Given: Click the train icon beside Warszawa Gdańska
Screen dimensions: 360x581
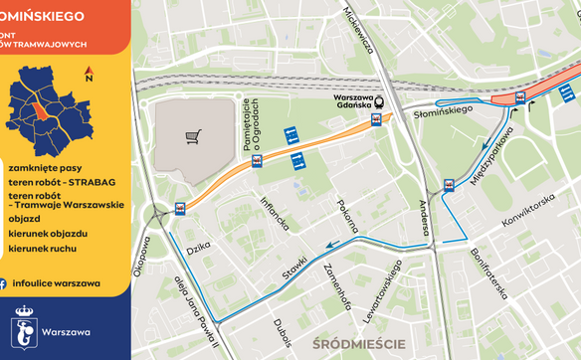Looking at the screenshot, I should click(380, 113).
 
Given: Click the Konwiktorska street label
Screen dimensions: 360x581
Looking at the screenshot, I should click(527, 211).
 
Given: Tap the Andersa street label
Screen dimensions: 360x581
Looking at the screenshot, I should click(425, 218).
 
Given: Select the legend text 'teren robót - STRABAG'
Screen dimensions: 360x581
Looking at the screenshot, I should click(60, 182).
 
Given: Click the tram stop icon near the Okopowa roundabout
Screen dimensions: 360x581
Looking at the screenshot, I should click(180, 208).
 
